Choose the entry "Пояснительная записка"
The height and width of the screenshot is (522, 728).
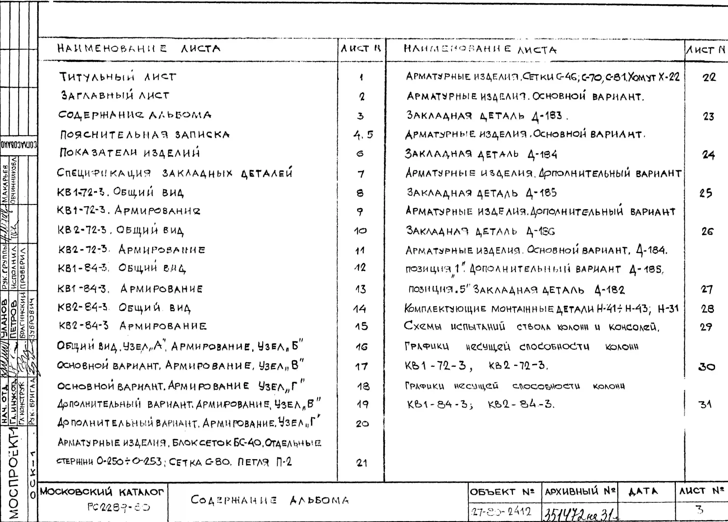(145, 134)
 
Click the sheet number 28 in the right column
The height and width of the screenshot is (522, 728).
(707, 309)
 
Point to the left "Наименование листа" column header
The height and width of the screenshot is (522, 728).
(139, 49)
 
